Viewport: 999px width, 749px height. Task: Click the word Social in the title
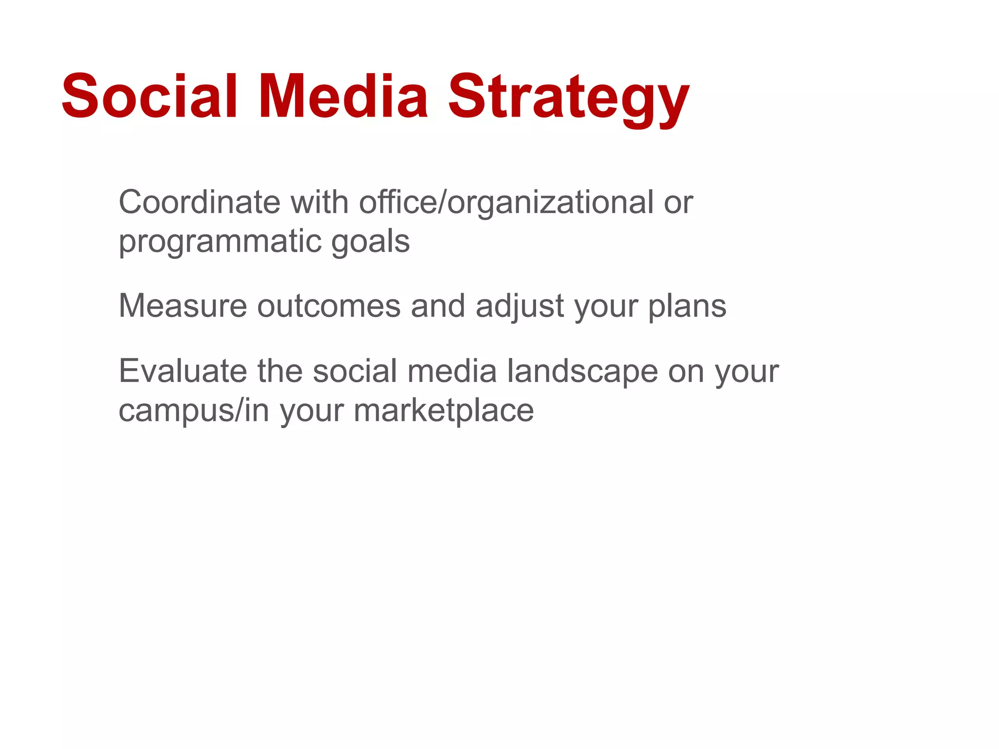click(x=149, y=96)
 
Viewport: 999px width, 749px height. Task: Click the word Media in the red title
click(x=343, y=96)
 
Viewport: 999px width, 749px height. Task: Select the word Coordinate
click(x=199, y=202)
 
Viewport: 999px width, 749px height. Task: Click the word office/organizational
click(x=506, y=203)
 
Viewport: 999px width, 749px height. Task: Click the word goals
click(x=370, y=242)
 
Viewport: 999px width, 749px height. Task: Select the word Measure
click(x=183, y=306)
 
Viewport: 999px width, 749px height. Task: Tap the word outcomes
click(x=329, y=306)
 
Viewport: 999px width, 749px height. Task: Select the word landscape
click(x=582, y=372)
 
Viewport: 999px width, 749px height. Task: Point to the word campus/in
click(x=194, y=411)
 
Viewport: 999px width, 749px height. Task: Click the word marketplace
click(x=443, y=411)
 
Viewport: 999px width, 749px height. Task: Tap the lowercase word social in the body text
click(x=355, y=371)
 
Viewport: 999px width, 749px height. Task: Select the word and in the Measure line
click(x=438, y=306)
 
